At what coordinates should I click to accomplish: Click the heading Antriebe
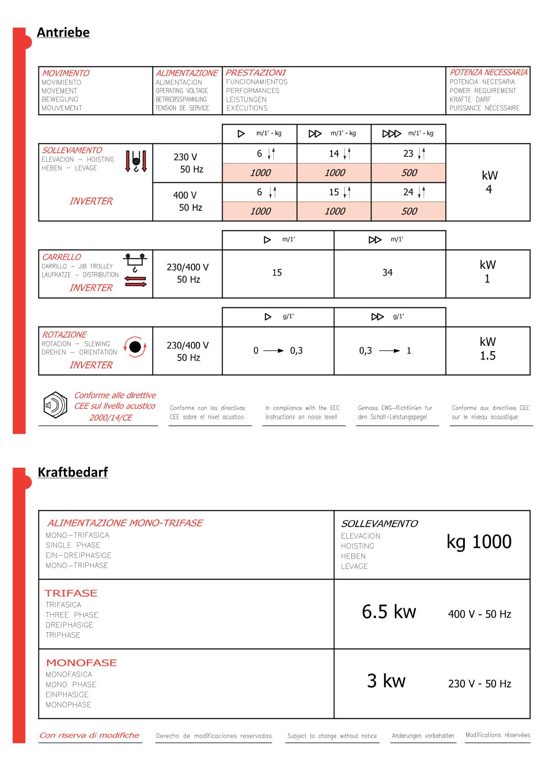pyautogui.click(x=63, y=33)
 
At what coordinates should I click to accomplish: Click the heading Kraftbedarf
pyautogui.click(x=73, y=472)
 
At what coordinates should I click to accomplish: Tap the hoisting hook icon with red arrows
pyautogui.click(x=136, y=161)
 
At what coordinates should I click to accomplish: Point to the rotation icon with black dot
pyautogui.click(x=135, y=347)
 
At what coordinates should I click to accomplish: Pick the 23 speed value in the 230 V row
pyautogui.click(x=409, y=154)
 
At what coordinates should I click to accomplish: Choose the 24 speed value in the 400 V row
pyautogui.click(x=409, y=192)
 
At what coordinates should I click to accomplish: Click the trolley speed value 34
pyautogui.click(x=387, y=273)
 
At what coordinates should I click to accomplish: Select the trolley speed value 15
pyautogui.click(x=277, y=273)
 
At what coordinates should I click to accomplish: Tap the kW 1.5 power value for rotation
pyautogui.click(x=488, y=349)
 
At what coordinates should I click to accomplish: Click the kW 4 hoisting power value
pyautogui.click(x=489, y=182)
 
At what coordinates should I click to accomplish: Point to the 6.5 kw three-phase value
pyautogui.click(x=389, y=612)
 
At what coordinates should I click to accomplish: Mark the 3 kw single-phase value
pyautogui.click(x=386, y=681)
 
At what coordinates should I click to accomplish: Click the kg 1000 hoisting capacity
pyautogui.click(x=479, y=542)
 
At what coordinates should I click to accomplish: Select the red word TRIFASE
pyautogui.click(x=71, y=593)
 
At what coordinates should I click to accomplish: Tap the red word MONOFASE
pyautogui.click(x=82, y=663)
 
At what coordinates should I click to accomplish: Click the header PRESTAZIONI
pyautogui.click(x=256, y=73)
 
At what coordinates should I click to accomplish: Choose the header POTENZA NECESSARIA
pyautogui.click(x=488, y=72)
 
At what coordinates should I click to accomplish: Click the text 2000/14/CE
pyautogui.click(x=111, y=418)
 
